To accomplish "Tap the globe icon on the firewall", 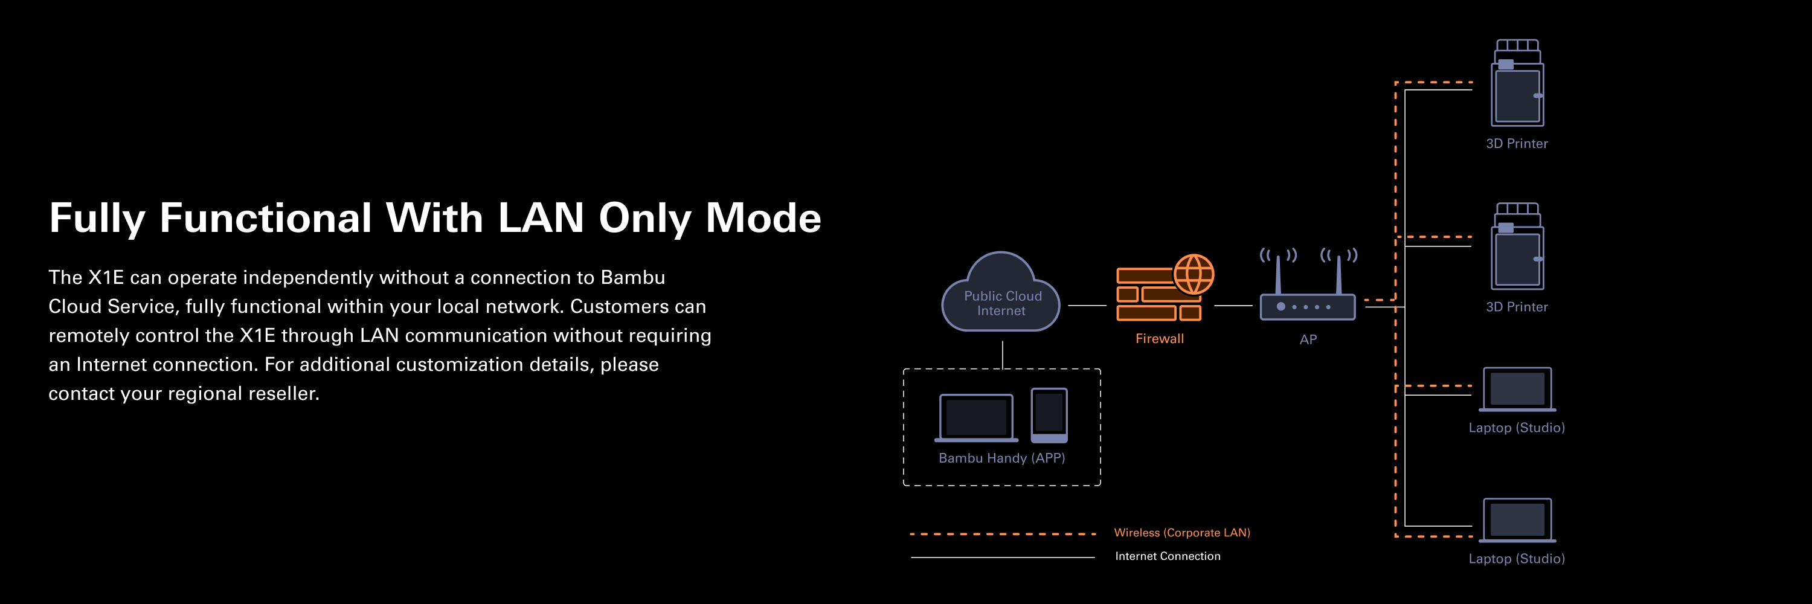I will [x=1194, y=274].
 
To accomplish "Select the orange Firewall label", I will [x=1159, y=338].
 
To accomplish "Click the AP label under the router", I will [x=1308, y=339].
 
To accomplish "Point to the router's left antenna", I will [x=1278, y=274].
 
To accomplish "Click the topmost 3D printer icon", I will [x=1517, y=85].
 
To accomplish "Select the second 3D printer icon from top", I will [x=1517, y=248].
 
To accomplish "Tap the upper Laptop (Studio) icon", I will [x=1517, y=389].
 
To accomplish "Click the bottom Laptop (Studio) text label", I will [x=1517, y=558].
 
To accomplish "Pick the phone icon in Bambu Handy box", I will [x=1049, y=415].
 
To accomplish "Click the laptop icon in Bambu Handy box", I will [x=976, y=418].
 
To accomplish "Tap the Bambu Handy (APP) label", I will [x=1001, y=458].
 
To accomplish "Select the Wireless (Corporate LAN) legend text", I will [x=1182, y=532].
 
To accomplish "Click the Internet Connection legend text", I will [x=1168, y=556].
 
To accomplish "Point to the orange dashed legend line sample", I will [x=1003, y=534].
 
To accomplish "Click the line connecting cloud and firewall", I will [x=1087, y=305].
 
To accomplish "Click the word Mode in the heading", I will [x=763, y=217].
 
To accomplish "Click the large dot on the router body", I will [x=1281, y=307].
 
